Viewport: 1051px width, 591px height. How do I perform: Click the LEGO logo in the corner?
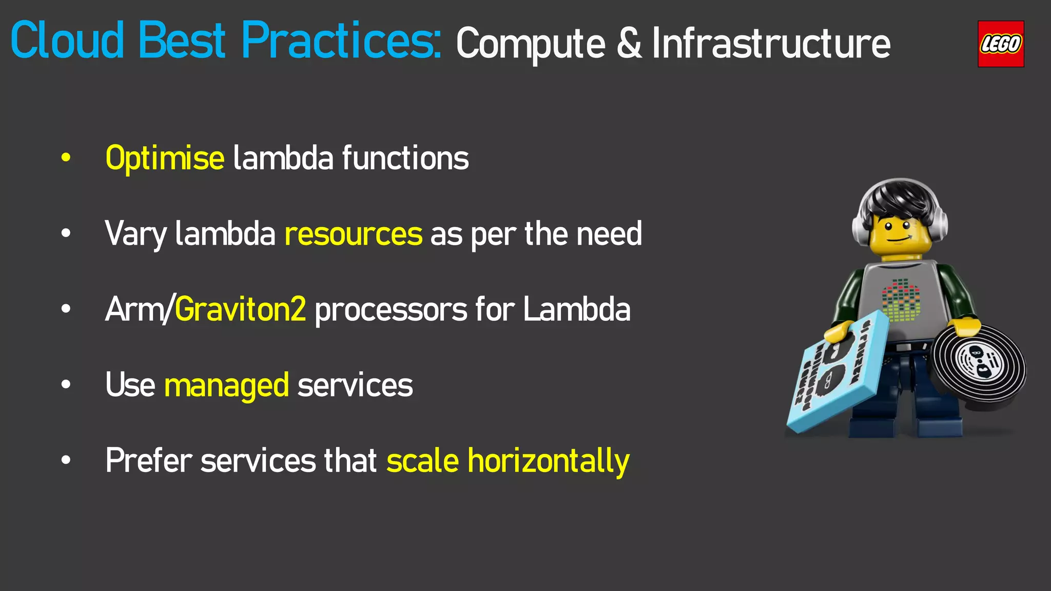[1000, 44]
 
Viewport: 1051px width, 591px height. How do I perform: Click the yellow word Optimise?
[164, 159]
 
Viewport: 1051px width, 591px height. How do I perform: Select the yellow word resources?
[353, 234]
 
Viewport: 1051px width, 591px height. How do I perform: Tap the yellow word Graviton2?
[240, 309]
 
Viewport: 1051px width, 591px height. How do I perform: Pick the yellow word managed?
[226, 385]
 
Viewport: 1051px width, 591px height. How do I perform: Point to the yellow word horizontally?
[548, 461]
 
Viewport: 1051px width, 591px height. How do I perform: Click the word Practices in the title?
[341, 41]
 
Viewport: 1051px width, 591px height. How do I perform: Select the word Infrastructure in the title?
[771, 44]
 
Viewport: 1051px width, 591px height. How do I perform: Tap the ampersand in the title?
[629, 44]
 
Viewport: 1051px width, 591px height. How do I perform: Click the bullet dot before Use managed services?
[66, 385]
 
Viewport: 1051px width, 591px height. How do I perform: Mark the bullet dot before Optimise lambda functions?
[66, 158]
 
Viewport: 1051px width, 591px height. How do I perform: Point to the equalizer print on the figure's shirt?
[901, 300]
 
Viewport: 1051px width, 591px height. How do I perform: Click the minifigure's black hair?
[901, 200]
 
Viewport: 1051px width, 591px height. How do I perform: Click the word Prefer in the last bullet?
[149, 461]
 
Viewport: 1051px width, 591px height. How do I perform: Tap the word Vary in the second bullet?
[135, 234]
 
